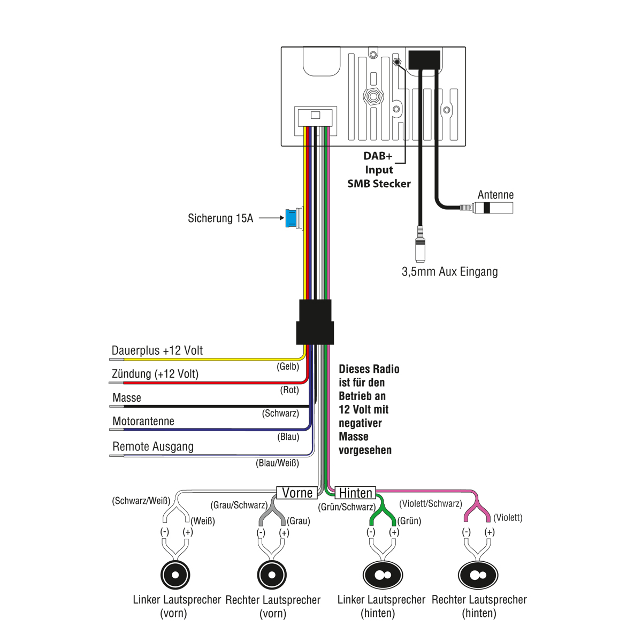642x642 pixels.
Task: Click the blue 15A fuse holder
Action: [292, 218]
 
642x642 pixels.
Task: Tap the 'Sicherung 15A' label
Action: [220, 218]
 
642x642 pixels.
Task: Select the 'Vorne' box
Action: [297, 493]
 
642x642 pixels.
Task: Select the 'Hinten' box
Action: [356, 493]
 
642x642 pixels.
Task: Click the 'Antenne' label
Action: [495, 195]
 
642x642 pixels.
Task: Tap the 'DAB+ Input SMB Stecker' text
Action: [379, 170]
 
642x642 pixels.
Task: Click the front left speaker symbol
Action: [175, 575]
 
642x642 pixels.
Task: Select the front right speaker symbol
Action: [272, 575]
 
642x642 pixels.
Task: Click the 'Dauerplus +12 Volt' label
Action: [157, 351]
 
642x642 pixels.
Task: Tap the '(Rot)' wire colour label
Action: [289, 390]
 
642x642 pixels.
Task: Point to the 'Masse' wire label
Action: [127, 398]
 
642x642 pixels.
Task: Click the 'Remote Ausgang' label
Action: [153, 447]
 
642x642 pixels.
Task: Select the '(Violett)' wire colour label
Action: [508, 517]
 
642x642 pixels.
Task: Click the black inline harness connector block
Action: [315, 322]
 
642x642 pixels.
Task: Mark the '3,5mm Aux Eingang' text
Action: [449, 272]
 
